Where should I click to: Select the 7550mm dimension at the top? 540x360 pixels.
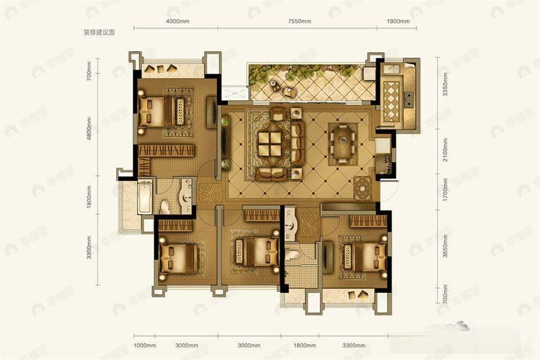point(299,22)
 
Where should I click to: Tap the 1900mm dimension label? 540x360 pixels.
point(397,22)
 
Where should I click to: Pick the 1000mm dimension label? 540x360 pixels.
point(145,345)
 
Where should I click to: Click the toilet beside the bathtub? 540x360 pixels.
point(165,206)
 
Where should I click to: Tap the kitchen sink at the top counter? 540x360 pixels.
point(393,70)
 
